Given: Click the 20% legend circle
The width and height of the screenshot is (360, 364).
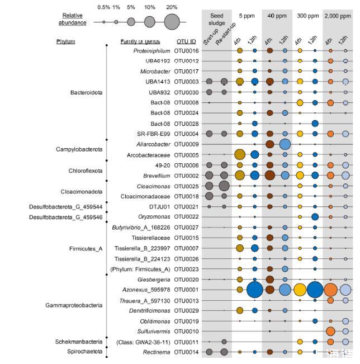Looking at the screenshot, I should point(172,22).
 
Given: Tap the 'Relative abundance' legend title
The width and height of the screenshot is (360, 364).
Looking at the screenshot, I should point(73,19).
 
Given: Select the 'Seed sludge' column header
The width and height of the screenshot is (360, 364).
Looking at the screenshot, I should point(216,19).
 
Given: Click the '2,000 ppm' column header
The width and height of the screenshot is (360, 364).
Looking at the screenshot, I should point(338,16).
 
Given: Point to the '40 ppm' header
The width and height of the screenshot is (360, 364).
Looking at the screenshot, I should point(277,16).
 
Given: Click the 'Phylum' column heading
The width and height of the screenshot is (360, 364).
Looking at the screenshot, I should point(66,42).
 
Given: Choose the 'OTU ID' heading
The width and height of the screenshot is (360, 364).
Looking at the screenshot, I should point(186,42).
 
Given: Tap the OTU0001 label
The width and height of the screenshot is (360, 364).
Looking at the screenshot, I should point(186,290).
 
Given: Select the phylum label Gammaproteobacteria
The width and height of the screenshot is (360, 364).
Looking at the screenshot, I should point(74,305).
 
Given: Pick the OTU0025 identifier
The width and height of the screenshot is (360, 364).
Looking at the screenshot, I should point(186,186).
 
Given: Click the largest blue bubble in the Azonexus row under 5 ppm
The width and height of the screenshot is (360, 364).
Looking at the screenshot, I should point(255,290).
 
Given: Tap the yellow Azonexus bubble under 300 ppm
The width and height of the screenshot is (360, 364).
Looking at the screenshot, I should point(300,290).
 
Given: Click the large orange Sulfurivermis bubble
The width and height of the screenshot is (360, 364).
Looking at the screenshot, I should point(330,331).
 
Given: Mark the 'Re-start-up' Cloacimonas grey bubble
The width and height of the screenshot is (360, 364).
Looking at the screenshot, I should point(224,186).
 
